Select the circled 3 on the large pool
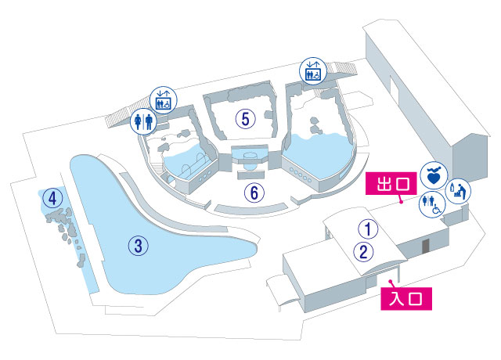pyautogui.click(x=138, y=246)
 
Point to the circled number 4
pyautogui.click(x=52, y=197)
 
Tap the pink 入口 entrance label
pyautogui.click(x=406, y=297)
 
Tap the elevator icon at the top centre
pyautogui.click(x=311, y=70)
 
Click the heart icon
pyautogui.click(x=432, y=174)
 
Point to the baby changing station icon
pyautogui.click(x=459, y=189)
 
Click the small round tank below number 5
pyautogui.click(x=250, y=162)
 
